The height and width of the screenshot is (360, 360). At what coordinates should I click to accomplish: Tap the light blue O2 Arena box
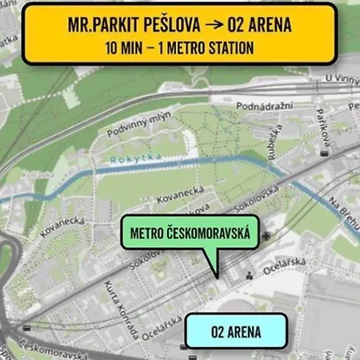(x=236, y=329)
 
